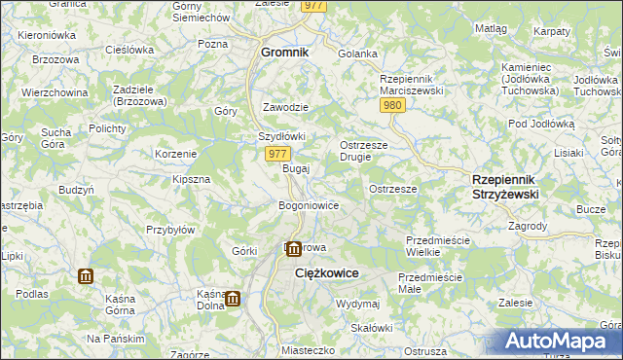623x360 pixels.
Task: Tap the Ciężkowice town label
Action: point(327,274)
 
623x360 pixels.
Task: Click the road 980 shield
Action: point(392,105)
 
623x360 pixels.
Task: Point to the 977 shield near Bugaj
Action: point(276,154)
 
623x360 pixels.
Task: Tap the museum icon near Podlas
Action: point(85,276)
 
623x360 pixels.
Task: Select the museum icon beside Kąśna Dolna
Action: point(233,298)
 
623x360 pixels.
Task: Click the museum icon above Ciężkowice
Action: point(292,249)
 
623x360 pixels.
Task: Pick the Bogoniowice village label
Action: point(309,206)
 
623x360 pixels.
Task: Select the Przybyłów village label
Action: point(171,230)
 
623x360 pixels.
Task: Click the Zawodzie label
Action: point(286,107)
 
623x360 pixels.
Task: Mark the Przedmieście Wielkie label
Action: point(437,246)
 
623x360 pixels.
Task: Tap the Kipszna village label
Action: point(192,180)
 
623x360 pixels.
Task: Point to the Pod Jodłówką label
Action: point(542,125)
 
